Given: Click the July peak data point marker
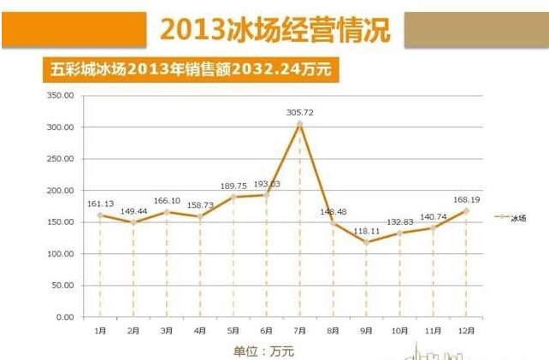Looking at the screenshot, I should [300, 124].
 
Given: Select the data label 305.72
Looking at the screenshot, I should [300, 112].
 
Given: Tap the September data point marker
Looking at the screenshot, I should [366, 242].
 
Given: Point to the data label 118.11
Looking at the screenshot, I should [366, 231].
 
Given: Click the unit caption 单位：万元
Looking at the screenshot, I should [263, 350].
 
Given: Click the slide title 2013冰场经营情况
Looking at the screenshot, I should [274, 30].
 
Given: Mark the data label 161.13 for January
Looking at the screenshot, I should [100, 204].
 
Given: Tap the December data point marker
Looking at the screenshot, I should [466, 210].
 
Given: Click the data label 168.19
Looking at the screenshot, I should [466, 199].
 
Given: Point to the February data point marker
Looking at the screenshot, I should [133, 222].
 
